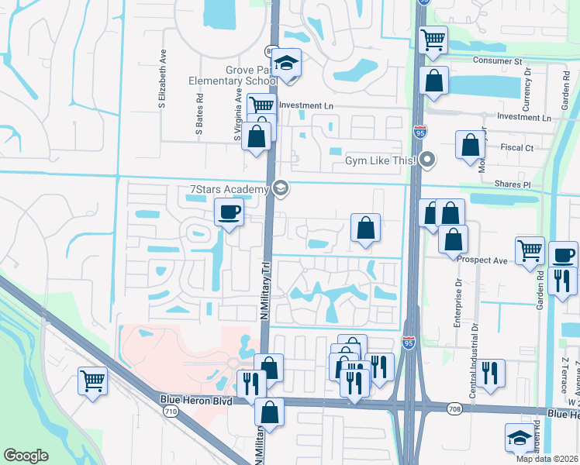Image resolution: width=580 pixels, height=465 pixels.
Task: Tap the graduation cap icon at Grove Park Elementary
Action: point(285,64)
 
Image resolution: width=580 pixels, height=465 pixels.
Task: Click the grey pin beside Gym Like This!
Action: point(426,160)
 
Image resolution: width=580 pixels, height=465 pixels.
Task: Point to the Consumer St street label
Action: point(495,61)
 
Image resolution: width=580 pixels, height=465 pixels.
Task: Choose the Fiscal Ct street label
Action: point(518,147)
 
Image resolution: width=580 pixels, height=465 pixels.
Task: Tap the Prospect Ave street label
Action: point(482,260)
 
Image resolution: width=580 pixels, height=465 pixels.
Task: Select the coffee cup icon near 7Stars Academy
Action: point(229,212)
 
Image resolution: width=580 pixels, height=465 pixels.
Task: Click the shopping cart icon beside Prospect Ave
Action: point(530,250)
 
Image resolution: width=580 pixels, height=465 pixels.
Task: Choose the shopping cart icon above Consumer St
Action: point(433,39)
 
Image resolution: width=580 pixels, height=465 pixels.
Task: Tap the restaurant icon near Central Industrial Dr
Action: point(490,373)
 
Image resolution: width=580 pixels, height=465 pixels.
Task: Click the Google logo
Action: point(26,456)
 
